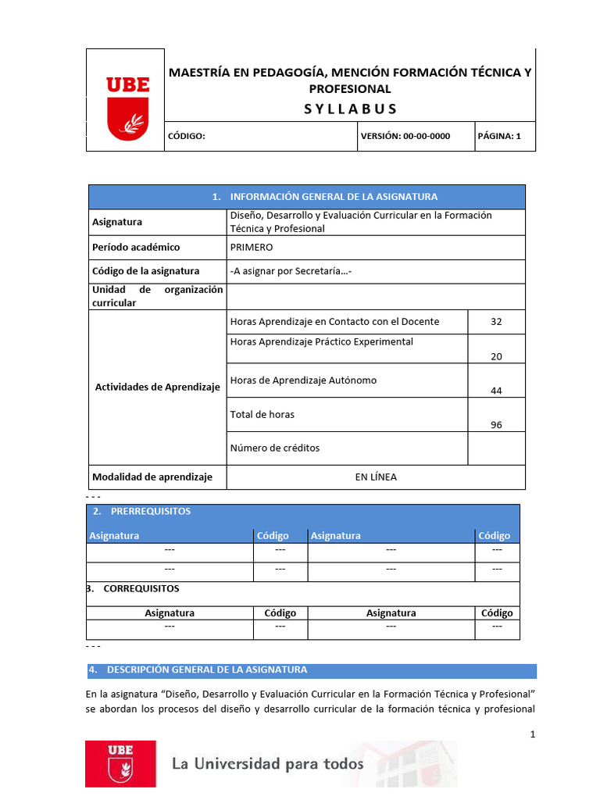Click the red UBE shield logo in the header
(127, 108)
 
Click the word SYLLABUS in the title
(350, 109)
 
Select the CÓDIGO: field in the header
(187, 136)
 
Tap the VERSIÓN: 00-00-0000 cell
(405, 136)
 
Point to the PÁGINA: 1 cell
(498, 136)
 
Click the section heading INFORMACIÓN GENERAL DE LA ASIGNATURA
(325, 197)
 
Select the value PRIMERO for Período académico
(252, 247)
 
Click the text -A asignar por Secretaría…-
(291, 271)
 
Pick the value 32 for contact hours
(496, 321)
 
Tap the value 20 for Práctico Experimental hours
(496, 356)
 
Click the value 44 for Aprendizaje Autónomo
(496, 391)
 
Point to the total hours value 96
(496, 425)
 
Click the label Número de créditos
(275, 448)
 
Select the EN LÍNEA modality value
(376, 477)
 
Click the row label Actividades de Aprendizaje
(157, 387)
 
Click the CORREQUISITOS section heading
(141, 588)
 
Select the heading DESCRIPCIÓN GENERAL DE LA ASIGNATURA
(206, 670)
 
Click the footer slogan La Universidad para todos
(268, 763)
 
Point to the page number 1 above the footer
(532, 734)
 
